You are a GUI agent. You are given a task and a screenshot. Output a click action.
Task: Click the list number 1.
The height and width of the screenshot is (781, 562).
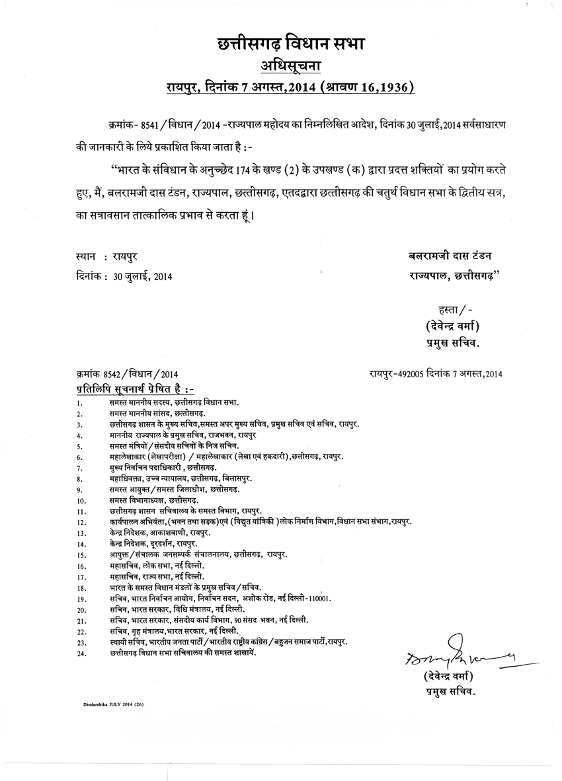[x=79, y=402]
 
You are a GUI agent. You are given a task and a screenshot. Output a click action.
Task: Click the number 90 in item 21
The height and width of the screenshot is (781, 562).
[x=245, y=620]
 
